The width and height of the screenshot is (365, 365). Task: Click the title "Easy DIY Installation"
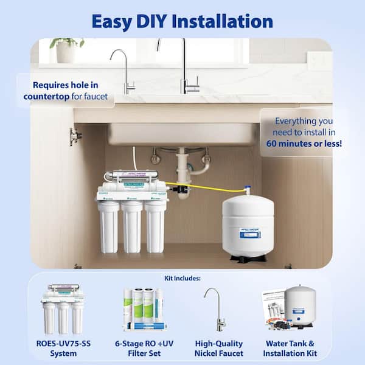pos(182,21)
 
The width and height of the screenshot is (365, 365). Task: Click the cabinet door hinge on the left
pos(75,137)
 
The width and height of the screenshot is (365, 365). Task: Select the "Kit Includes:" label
pos(182,279)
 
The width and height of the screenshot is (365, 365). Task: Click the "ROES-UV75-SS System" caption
pos(60,348)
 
